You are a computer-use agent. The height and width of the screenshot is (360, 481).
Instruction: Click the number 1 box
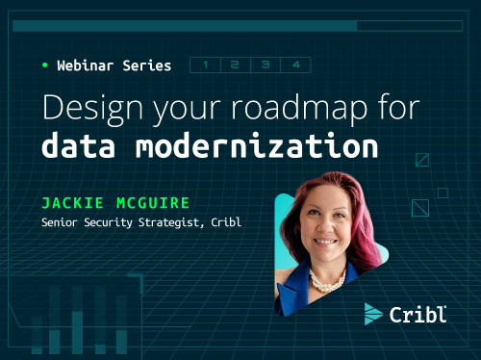click(x=205, y=65)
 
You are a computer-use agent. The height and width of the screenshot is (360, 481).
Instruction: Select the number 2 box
click(x=235, y=65)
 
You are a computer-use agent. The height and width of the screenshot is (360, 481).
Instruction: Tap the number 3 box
click(x=265, y=65)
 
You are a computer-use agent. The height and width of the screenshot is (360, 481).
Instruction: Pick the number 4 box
click(x=295, y=65)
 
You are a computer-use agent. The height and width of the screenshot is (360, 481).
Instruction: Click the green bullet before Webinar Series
click(x=44, y=65)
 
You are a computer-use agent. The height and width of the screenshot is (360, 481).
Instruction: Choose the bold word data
click(x=81, y=147)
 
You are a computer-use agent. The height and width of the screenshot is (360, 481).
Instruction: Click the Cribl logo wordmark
click(x=418, y=314)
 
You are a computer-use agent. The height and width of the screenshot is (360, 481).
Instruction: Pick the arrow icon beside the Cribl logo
click(x=373, y=314)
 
